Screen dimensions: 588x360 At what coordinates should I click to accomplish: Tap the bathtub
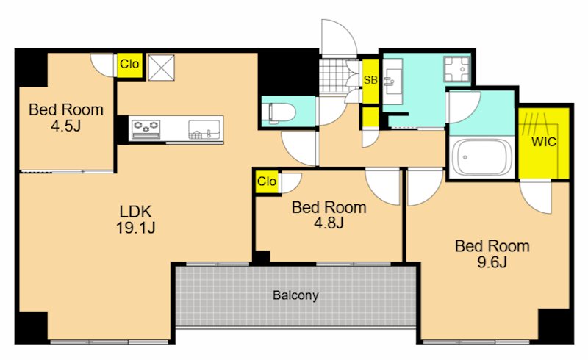[x=482, y=157]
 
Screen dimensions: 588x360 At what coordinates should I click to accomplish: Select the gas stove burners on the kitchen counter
[x=146, y=129]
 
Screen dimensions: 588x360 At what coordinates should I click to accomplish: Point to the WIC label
[x=544, y=142]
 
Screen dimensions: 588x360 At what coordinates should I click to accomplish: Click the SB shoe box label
[x=370, y=80]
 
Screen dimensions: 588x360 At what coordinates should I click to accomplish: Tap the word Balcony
[x=295, y=295]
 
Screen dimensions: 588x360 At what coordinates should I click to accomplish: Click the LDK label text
[x=135, y=212]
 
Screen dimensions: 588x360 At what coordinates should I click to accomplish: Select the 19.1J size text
[x=135, y=228]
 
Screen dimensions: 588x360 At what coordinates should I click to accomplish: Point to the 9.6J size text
[x=492, y=262]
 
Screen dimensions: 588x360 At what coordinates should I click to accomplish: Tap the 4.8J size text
[x=329, y=223]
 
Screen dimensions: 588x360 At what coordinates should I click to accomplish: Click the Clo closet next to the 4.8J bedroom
[x=267, y=182]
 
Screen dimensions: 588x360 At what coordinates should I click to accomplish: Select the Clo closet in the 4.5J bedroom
[x=129, y=65]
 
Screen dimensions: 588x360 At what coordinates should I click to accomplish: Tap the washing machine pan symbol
[x=456, y=69]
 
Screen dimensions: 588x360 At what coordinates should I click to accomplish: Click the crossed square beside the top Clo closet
[x=161, y=68]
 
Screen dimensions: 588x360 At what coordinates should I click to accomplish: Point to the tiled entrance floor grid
[x=334, y=76]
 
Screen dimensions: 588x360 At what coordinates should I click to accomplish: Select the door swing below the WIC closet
[x=536, y=197]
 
